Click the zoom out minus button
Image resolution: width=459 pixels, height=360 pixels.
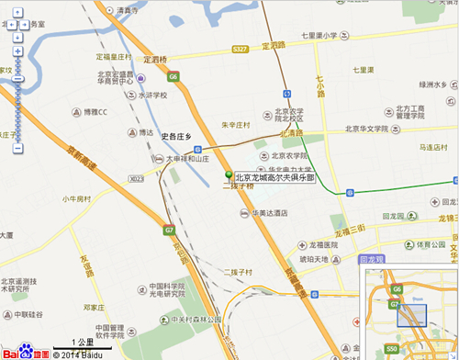pyautogui.click(x=17, y=148)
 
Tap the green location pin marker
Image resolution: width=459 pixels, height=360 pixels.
pyautogui.click(x=229, y=174)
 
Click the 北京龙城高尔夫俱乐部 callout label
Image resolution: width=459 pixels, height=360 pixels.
pyautogui.click(x=274, y=177)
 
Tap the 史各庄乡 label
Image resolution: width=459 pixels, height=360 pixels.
pyautogui.click(x=174, y=137)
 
